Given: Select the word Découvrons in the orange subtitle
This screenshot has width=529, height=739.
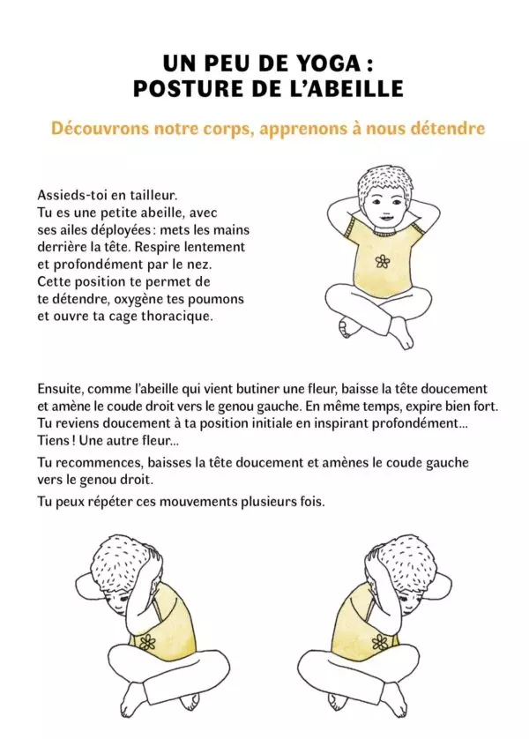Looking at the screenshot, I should [96, 129].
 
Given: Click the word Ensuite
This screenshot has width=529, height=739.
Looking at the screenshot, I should [63, 388].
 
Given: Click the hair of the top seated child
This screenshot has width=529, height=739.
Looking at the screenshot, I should [380, 183].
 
